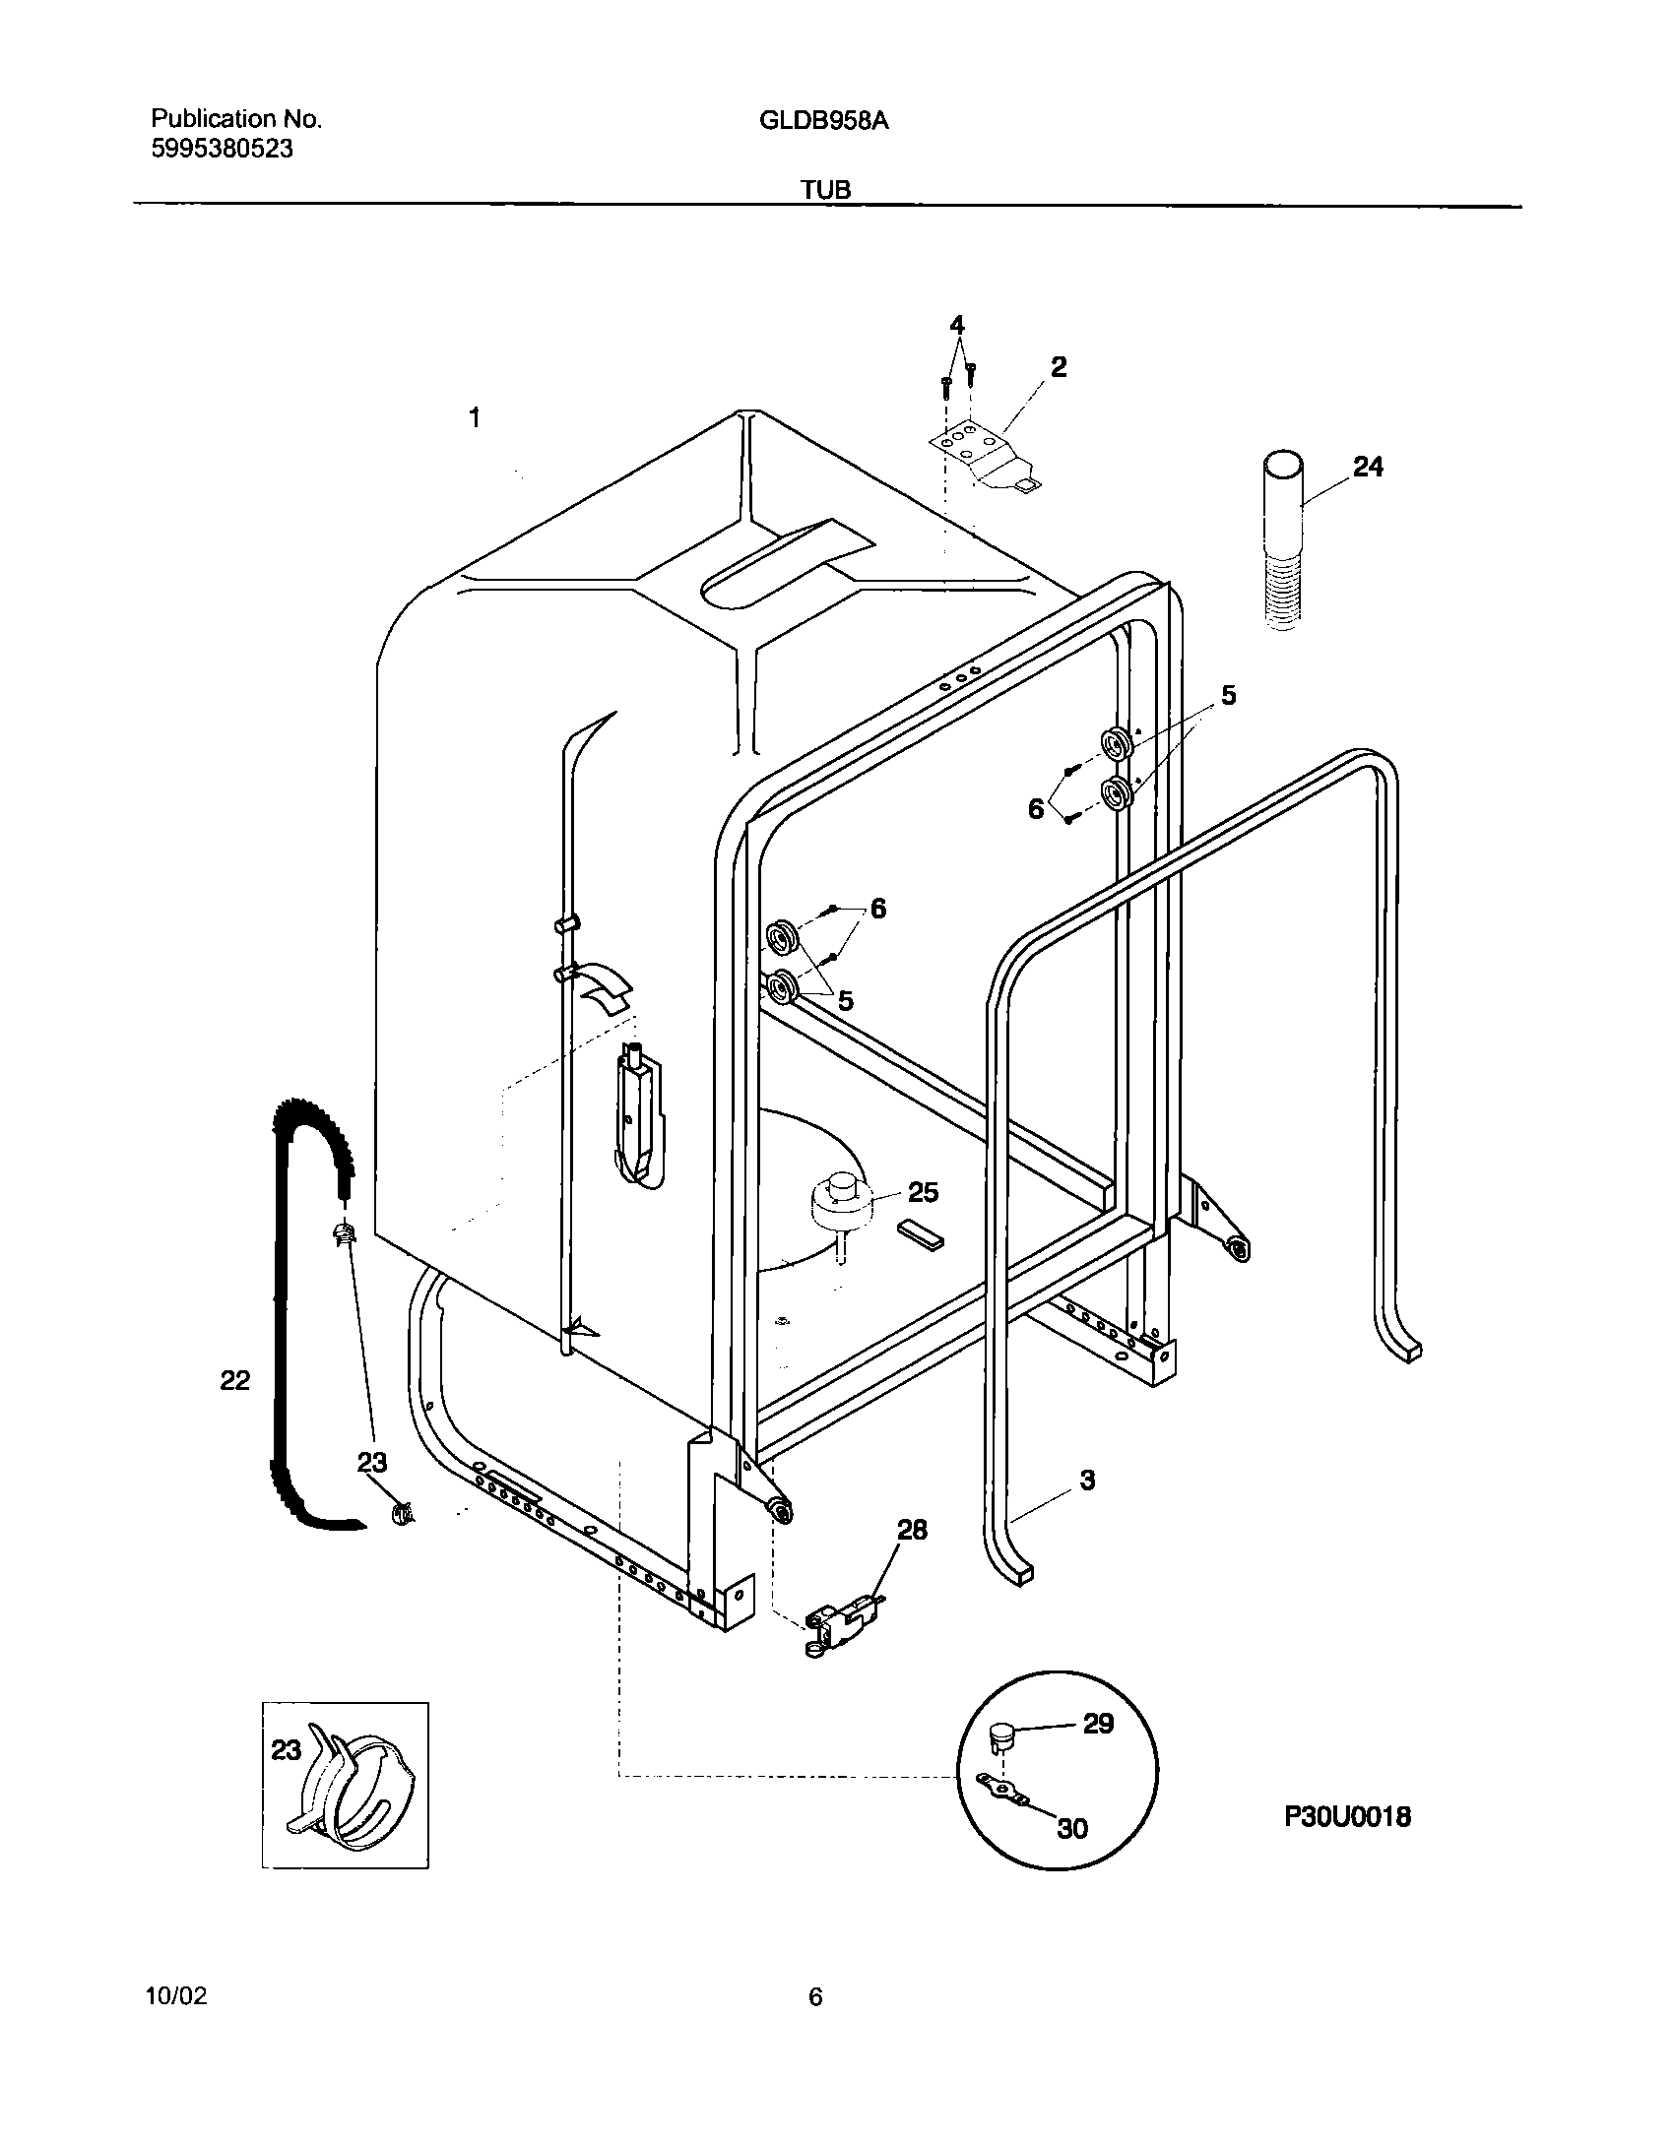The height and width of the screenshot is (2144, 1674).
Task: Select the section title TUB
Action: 825,190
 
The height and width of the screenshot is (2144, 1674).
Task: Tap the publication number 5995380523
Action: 222,150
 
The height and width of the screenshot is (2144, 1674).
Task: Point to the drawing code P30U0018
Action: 1346,1816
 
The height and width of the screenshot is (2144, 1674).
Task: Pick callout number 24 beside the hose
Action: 1368,467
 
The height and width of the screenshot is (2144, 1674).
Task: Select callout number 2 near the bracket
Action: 1058,367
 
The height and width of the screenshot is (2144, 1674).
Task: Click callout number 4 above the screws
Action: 956,325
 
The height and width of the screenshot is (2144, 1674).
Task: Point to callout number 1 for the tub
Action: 475,418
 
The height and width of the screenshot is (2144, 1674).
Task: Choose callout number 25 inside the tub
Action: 923,1192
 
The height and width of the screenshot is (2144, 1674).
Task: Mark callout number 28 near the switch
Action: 912,1530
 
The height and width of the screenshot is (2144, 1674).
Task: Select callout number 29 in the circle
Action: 1098,1724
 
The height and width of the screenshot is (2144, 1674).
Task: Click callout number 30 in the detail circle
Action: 1072,1828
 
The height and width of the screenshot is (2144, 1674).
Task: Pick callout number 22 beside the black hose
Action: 234,1380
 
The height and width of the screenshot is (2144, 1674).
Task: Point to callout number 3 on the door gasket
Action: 1087,1480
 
